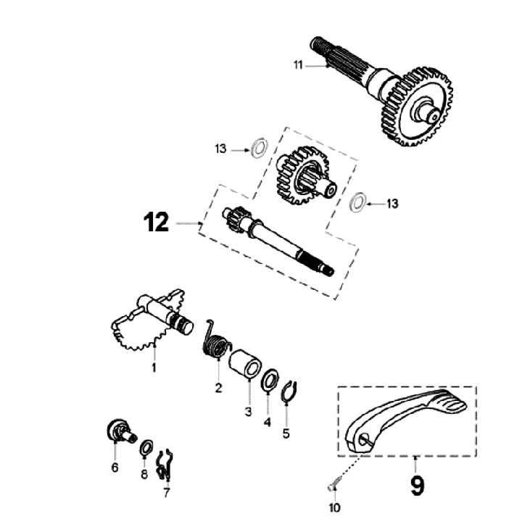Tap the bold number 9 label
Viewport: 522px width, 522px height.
417,484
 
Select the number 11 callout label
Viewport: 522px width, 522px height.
299,66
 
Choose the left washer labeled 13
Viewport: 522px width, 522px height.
256,149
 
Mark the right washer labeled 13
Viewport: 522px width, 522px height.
357,202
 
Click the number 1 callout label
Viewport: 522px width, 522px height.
154,368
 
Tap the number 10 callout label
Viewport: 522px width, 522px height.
334,507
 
